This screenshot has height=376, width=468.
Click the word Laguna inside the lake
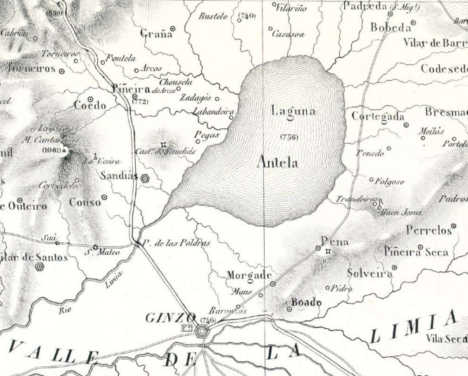[x=293, y=111]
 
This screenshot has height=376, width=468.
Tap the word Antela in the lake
[x=277, y=163]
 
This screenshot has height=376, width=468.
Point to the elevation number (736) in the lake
[x=289, y=136]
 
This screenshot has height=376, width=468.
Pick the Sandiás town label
[x=118, y=175]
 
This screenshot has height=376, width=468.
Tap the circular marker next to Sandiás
[x=145, y=179]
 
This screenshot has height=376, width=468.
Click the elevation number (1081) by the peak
[x=51, y=151]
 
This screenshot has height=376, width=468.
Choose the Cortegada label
[x=377, y=116]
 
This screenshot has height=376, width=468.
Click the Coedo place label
[x=89, y=106]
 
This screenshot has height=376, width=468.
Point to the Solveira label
[x=369, y=273]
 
